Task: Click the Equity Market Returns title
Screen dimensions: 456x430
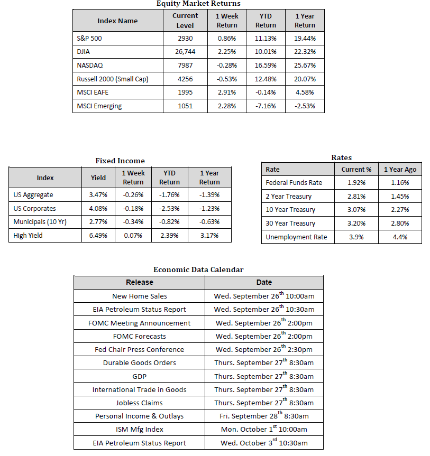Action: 198,4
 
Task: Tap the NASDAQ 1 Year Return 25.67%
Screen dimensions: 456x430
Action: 305,66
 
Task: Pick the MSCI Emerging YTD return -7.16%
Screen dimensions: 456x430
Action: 266,106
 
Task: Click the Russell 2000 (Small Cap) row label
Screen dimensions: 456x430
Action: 112,79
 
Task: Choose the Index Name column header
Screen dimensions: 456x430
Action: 117,21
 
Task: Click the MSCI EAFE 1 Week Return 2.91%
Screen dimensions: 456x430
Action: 227,92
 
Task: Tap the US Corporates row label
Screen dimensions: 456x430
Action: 35,208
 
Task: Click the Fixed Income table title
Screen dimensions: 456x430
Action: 120,161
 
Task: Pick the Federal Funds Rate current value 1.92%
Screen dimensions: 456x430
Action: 356,183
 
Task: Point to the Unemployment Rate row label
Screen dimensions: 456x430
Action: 296,237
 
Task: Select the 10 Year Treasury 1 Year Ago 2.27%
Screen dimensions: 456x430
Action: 400,210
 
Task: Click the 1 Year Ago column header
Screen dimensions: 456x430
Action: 400,170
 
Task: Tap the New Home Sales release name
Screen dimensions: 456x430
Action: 140,296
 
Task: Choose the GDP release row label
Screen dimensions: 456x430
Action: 140,376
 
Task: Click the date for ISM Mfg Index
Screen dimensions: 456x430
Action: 264,429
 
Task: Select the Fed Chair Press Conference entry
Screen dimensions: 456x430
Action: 140,349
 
